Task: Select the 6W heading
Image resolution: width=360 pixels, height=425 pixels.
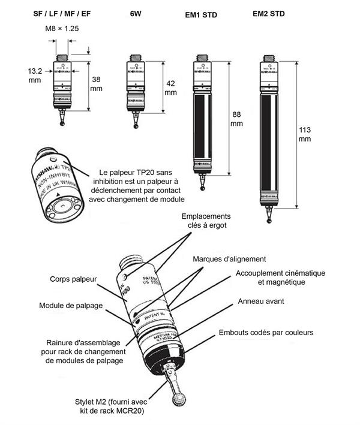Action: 136,13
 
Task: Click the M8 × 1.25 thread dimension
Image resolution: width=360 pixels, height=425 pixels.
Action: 62,28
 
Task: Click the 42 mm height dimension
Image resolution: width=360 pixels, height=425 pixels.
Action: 170,88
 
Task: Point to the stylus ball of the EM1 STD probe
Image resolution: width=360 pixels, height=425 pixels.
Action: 205,188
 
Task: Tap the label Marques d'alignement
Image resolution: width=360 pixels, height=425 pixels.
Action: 229,259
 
